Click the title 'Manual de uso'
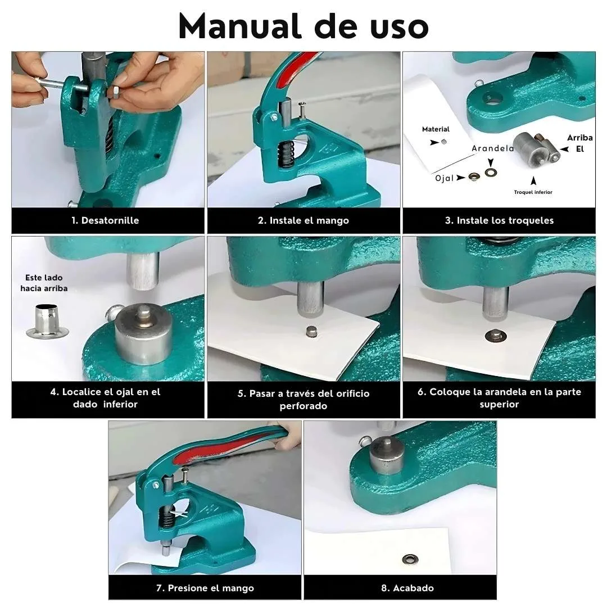tap(303, 25)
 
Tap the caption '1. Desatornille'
tap(105, 220)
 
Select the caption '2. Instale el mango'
tap(303, 220)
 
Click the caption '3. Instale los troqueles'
tap(499, 220)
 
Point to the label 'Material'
tap(436, 129)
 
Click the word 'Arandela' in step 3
tap(493, 148)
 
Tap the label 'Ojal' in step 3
tap(444, 178)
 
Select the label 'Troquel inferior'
tap(533, 192)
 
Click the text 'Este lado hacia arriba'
tap(44, 283)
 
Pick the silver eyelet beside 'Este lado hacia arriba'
tap(47, 322)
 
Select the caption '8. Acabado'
tap(400, 588)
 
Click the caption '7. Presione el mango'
tap(205, 588)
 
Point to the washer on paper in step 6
tap(495, 336)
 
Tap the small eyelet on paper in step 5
tap(311, 332)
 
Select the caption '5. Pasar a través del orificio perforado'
tap(303, 399)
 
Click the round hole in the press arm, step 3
tap(492, 99)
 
